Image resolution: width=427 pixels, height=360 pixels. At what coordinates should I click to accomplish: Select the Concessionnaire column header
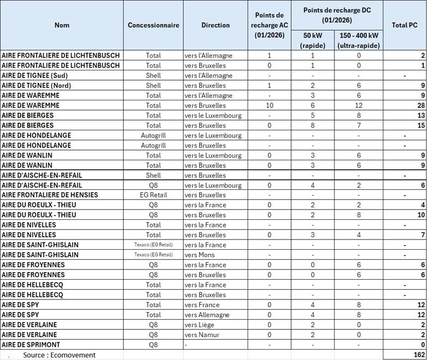[x=153, y=25]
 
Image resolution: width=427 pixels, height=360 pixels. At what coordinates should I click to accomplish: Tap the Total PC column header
[x=405, y=25]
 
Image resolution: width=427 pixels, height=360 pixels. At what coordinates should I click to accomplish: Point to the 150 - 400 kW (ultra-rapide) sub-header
[x=359, y=40]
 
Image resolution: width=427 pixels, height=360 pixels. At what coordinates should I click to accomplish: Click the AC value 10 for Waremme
[x=269, y=105]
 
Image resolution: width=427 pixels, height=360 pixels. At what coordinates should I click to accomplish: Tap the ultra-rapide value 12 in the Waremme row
[x=359, y=105]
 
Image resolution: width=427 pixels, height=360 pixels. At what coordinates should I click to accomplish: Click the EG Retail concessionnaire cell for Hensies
[x=153, y=195]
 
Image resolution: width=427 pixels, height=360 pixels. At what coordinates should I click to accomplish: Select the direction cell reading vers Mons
[x=201, y=255]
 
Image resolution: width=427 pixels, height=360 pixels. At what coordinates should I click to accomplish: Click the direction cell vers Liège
[x=201, y=325]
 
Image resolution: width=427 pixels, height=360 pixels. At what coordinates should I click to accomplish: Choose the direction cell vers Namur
[x=203, y=335]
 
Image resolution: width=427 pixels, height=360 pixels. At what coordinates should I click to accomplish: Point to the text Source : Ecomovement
[x=59, y=355]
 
